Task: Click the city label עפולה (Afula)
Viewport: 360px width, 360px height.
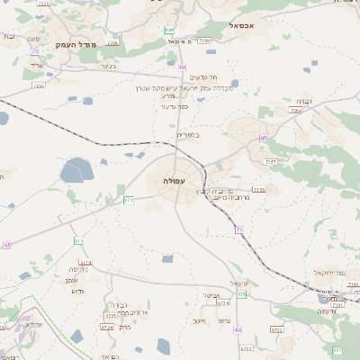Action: (x=175, y=182)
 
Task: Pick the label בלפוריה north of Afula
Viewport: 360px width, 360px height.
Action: (x=187, y=135)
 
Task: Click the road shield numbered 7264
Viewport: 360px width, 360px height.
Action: (x=296, y=111)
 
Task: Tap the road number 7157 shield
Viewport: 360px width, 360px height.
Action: (x=270, y=161)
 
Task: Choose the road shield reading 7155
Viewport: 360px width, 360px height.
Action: (x=259, y=190)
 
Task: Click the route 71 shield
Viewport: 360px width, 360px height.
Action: (x=239, y=230)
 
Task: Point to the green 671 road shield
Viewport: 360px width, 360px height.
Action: (x=129, y=200)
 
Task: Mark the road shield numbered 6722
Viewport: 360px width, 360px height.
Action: (x=276, y=330)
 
